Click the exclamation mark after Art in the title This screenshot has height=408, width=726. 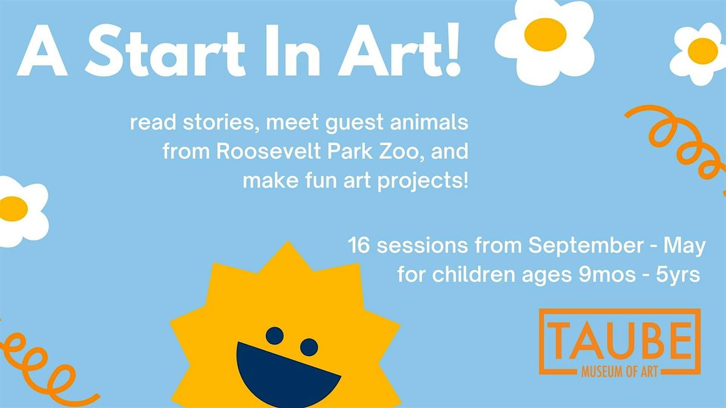point(454,49)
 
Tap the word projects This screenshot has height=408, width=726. point(423,181)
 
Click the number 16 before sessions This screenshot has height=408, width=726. point(359,245)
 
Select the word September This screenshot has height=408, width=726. point(586,246)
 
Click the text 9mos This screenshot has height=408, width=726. point(607,275)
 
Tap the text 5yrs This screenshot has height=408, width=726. point(678,276)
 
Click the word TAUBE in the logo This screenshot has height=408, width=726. point(620,341)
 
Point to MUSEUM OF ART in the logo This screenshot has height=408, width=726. point(620,372)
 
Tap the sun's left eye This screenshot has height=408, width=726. point(275,336)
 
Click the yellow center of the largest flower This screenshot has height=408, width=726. point(545,34)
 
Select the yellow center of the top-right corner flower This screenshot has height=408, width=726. point(702,51)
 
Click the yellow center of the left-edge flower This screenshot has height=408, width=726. point(13,209)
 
